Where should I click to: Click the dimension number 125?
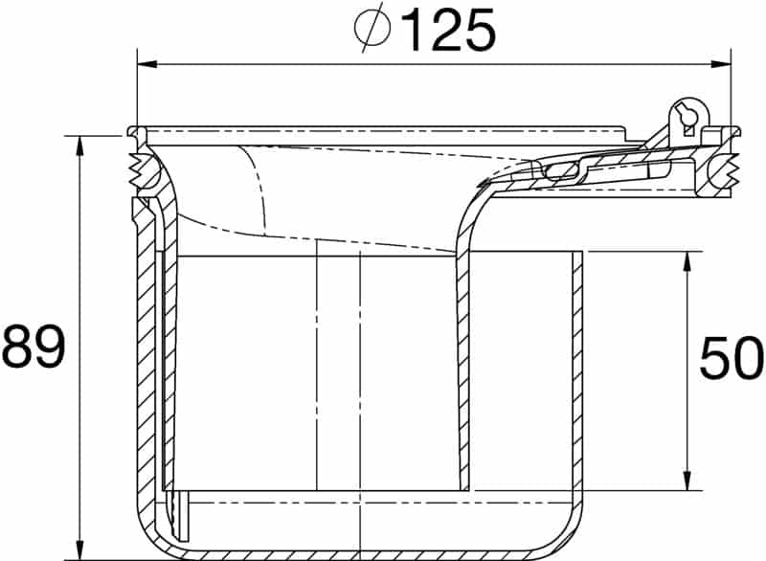[447, 31]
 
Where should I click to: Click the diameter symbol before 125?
[372, 30]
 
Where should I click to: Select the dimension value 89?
[34, 347]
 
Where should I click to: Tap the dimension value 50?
[731, 358]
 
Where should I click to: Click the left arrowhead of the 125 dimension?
[147, 64]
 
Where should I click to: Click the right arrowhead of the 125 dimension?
[720, 64]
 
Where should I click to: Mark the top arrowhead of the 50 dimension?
[687, 261]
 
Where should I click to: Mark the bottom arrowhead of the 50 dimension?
[687, 480]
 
